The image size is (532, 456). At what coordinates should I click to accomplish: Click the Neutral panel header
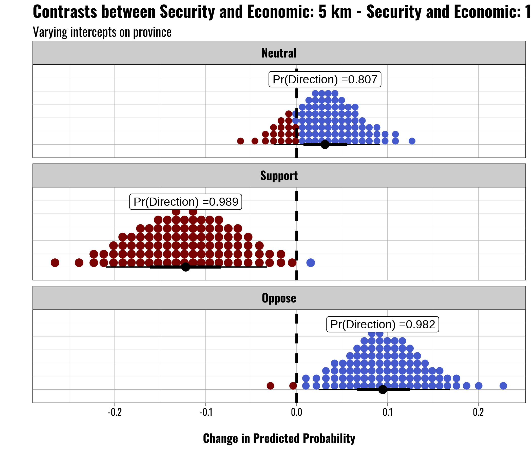279,53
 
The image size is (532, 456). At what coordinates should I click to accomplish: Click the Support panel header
279,176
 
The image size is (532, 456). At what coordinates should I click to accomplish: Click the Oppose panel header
279,298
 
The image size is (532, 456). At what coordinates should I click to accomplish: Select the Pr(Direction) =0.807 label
325,80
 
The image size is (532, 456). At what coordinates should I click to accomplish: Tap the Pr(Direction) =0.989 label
186,202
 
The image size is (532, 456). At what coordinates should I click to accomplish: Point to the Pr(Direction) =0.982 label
383,325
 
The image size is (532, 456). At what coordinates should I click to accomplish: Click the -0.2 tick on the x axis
115,412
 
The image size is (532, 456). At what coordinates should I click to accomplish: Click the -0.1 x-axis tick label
206,412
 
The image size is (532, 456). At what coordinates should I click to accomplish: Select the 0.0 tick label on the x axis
297,412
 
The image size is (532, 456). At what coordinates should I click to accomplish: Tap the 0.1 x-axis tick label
387,412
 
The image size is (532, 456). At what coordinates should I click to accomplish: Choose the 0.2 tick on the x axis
478,412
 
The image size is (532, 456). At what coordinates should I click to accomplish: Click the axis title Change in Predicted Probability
279,439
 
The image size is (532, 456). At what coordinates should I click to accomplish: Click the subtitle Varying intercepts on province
102,32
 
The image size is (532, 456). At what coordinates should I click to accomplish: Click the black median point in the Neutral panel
325,145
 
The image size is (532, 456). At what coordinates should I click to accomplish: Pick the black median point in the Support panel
186,267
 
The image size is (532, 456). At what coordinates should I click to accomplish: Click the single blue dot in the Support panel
311,263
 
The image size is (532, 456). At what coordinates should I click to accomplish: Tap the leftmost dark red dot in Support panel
55,263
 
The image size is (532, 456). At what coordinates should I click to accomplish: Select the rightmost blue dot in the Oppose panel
503,386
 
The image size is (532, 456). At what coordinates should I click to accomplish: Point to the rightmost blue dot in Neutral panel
412,141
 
